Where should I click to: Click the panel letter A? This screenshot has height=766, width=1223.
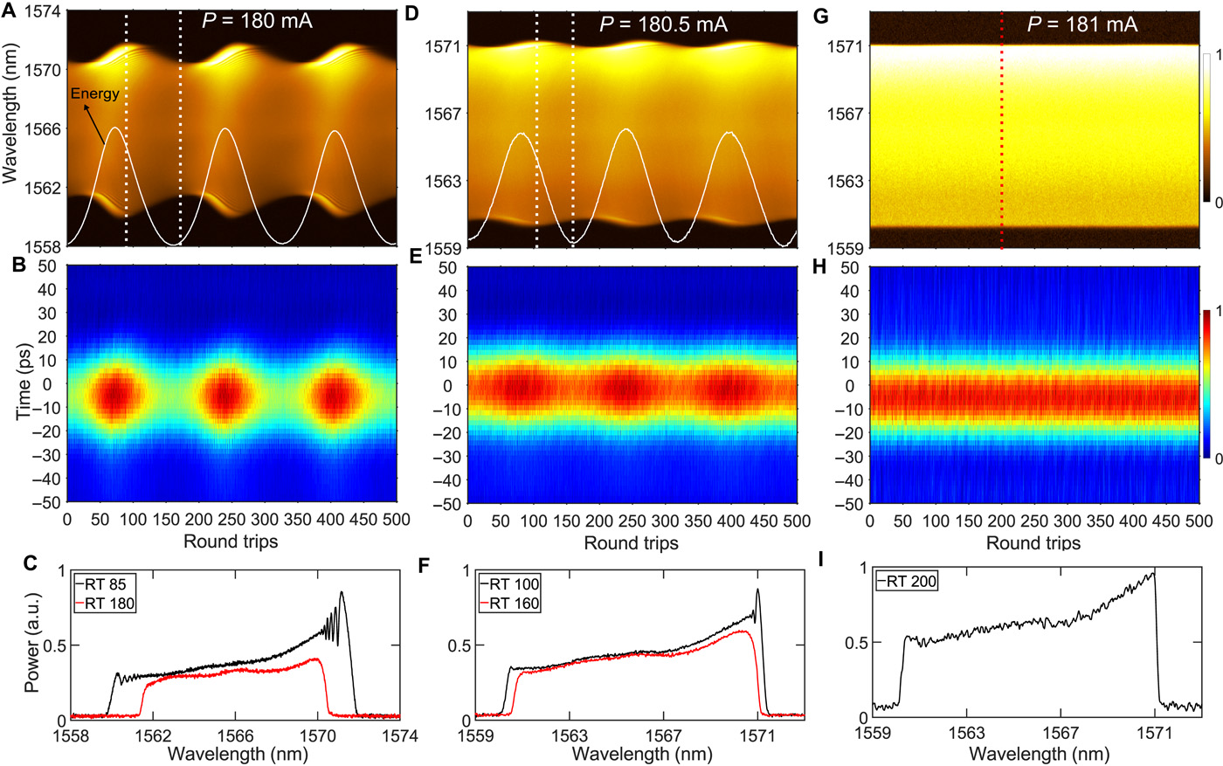[x=9, y=16]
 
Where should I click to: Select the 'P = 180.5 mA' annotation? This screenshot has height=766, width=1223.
[x=663, y=24]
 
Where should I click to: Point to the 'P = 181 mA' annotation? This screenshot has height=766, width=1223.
[x=1082, y=24]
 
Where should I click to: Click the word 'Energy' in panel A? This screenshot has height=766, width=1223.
[x=94, y=93]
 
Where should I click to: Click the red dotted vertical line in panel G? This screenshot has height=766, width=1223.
[x=1001, y=131]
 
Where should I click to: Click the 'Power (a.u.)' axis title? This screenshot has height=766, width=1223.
[x=33, y=645]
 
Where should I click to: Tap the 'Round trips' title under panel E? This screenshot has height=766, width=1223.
[x=631, y=543]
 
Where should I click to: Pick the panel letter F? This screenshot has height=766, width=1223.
[x=425, y=564]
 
